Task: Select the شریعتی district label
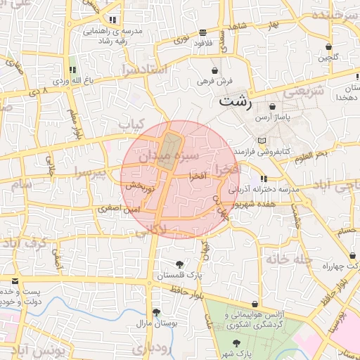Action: coord(305,91)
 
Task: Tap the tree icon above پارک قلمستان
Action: coord(181,264)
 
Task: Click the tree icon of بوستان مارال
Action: coord(156,312)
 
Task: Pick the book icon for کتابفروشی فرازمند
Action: coord(262,141)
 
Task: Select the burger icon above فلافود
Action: coord(203,32)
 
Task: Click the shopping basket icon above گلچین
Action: coord(328,47)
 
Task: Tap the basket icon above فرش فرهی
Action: coord(215,71)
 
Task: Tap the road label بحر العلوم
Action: coord(311,153)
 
